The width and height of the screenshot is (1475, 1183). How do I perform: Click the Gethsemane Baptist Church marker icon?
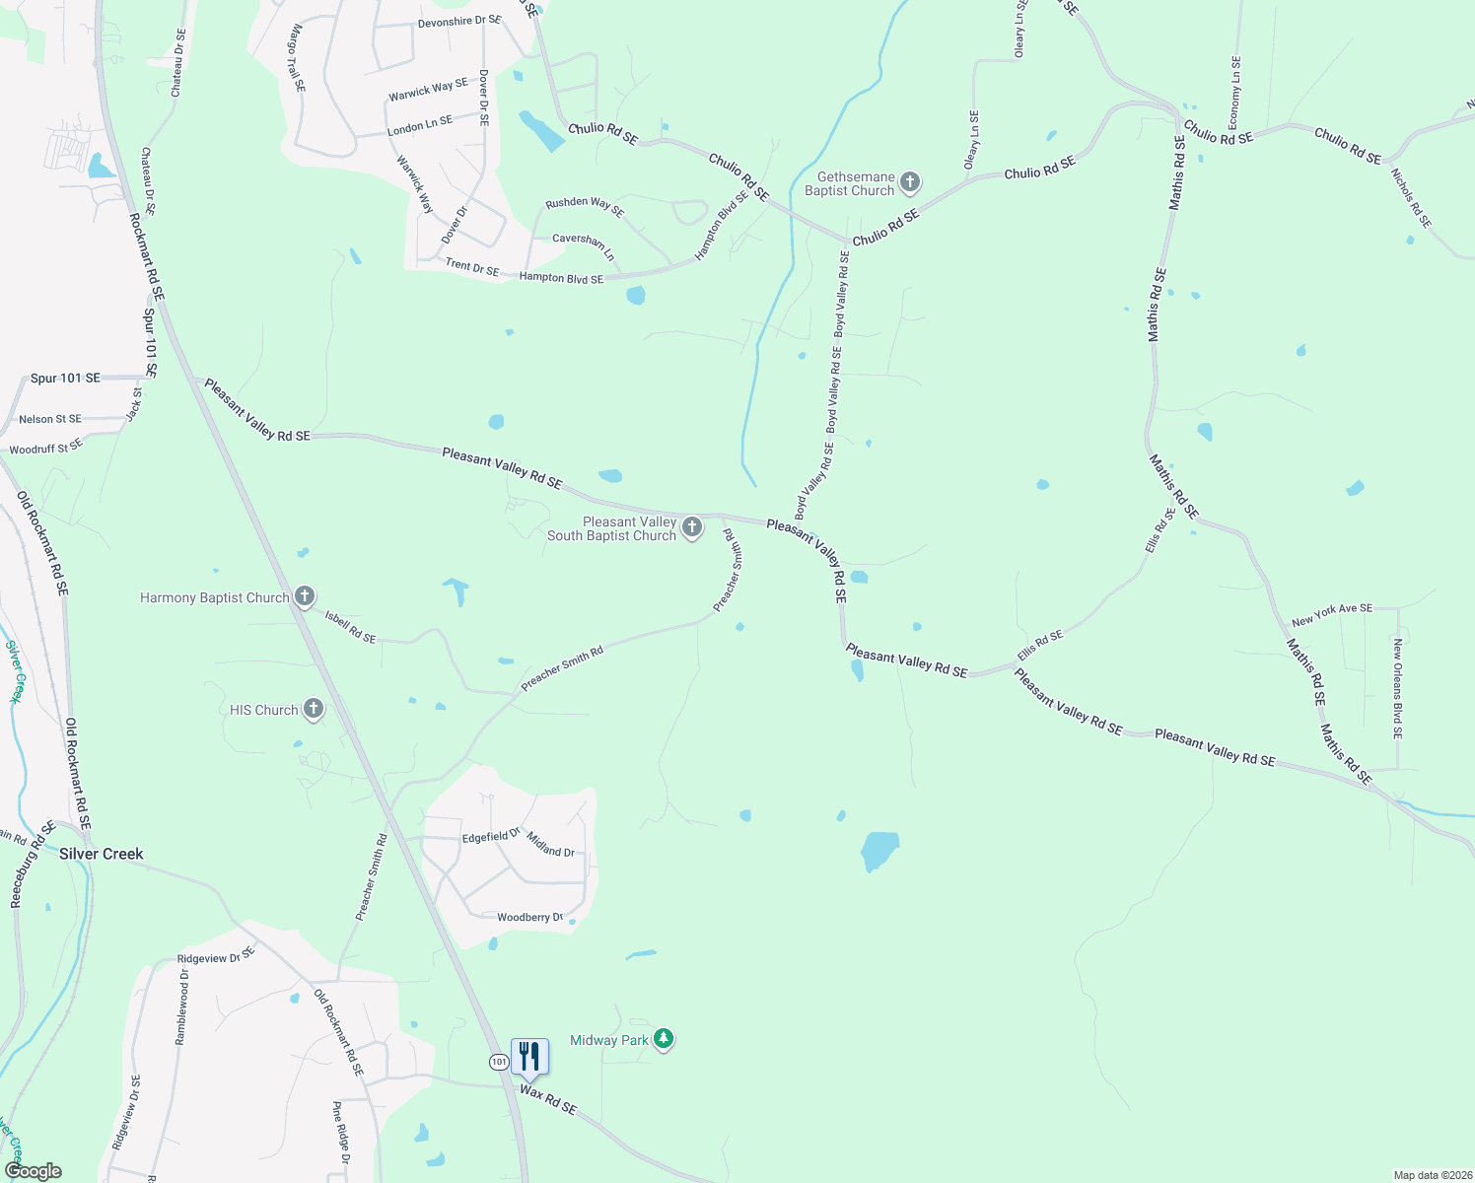coord(910,182)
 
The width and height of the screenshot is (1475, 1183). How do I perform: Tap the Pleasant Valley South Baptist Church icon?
coord(692,527)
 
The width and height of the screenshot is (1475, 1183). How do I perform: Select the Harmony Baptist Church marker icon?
coord(306,595)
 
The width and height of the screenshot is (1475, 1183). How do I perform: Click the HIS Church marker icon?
coord(314,709)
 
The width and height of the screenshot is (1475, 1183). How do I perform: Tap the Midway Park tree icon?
coord(665,1039)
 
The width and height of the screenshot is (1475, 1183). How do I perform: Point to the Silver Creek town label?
coord(101,854)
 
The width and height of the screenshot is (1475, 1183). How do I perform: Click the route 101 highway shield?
coord(499,1062)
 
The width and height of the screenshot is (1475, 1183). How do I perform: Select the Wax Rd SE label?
coord(548,1099)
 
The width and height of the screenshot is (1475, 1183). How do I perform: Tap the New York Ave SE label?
coord(1331,615)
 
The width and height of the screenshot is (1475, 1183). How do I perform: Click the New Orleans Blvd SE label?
coord(1397,689)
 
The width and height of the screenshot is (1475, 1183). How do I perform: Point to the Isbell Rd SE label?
coord(351,627)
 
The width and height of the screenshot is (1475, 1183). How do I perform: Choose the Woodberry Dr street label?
coord(529,918)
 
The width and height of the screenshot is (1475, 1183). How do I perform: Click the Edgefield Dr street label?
coord(491,836)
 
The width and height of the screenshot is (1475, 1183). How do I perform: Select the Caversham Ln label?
coord(584,246)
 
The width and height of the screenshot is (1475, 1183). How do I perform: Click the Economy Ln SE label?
coord(1234,93)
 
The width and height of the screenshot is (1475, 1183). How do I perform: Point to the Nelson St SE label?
coord(50,419)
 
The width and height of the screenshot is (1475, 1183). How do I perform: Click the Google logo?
coord(33,1171)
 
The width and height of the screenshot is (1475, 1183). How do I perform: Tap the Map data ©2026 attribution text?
coord(1431,1175)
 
